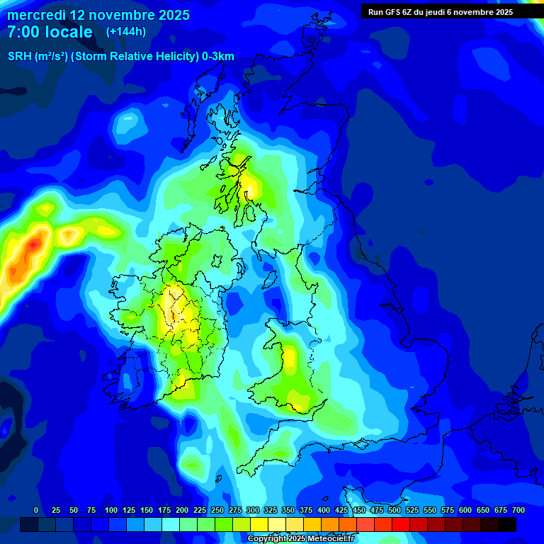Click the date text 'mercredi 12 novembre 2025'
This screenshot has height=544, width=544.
(x=98, y=15)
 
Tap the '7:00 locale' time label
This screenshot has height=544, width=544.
(x=50, y=32)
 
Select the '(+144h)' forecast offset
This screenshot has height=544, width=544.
(x=126, y=32)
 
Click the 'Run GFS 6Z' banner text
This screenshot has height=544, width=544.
(x=397, y=12)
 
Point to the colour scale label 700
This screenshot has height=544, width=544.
(x=518, y=510)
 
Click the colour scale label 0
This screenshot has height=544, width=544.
(x=36, y=510)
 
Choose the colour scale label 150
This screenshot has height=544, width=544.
(x=147, y=510)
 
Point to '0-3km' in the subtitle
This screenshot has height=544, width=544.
(x=218, y=57)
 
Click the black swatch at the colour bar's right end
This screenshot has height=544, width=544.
(x=507, y=525)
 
